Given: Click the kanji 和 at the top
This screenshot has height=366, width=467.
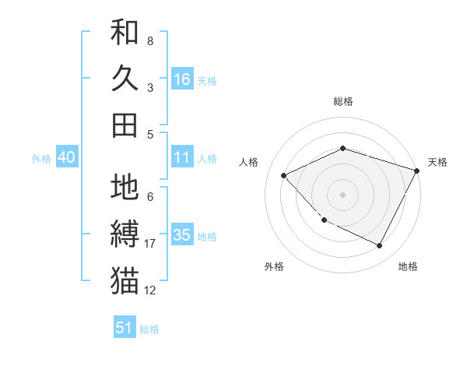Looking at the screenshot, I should point(125,33).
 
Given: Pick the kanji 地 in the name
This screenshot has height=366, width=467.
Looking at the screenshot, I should point(125,187).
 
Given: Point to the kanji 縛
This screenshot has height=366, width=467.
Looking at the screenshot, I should point(125,234).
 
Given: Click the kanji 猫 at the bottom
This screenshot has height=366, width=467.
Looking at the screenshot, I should point(125,280).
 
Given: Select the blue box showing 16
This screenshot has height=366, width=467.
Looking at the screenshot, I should point(182,79).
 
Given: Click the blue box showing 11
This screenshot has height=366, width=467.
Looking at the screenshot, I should point(182,158).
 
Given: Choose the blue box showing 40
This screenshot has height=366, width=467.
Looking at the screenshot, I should point(66,158).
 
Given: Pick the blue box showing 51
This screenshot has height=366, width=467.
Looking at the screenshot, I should point(125,328).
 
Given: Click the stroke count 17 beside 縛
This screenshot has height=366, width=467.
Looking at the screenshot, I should point(150,244).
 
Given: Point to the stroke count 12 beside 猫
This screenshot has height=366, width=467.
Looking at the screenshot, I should point(150,290).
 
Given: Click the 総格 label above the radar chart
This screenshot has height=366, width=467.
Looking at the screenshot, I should point(343,101).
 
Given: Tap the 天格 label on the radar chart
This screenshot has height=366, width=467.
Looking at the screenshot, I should point(437,162).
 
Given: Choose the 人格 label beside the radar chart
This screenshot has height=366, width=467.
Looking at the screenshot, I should point(249,162).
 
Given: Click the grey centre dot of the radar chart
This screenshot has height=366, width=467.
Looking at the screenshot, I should point(343,194).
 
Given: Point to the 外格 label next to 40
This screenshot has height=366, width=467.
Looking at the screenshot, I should point(41,159).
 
